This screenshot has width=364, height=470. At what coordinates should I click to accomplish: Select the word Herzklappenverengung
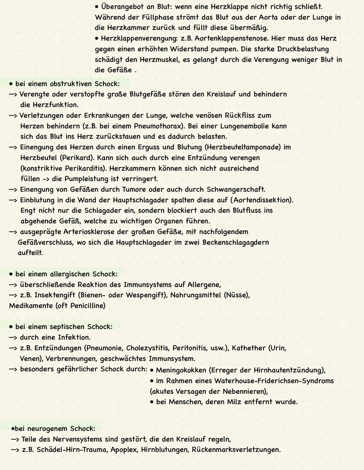coord(139,38)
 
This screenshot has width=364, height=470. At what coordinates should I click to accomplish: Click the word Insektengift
coord(55,295)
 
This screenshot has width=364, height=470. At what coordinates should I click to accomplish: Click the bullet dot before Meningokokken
coord(152,371)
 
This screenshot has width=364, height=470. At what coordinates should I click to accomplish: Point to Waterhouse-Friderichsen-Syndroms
coord(274,381)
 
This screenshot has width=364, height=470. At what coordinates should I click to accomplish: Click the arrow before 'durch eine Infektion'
coord(13,337)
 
